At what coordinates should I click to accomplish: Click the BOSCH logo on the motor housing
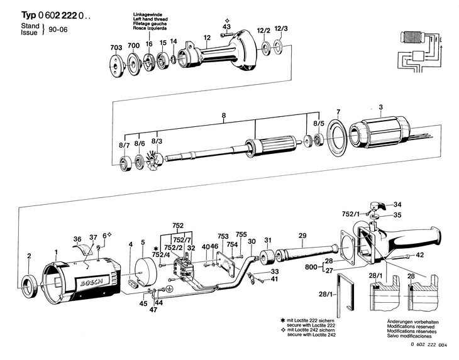92,283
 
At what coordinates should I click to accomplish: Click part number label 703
116,47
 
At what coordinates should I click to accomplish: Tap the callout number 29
302,236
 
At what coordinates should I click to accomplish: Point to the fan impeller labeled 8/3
155,161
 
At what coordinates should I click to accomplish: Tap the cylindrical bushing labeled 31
268,258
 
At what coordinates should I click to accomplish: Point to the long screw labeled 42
399,257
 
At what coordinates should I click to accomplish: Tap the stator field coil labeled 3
379,133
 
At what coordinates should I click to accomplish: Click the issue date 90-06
58,30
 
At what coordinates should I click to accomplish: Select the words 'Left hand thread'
150,19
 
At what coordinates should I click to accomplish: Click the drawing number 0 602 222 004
429,345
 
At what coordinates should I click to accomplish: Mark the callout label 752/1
350,214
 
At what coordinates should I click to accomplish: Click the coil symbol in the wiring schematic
412,37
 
